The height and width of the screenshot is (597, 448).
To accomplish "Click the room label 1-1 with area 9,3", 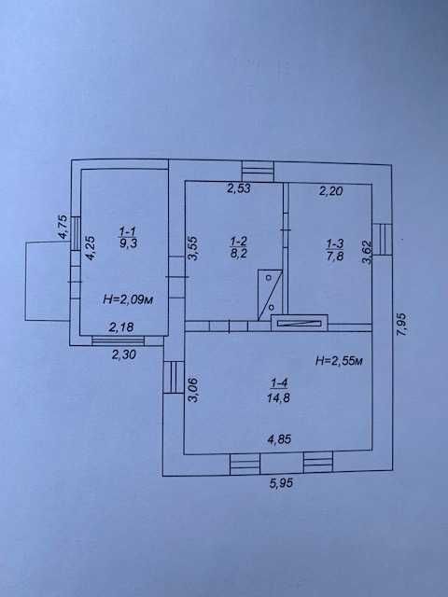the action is click(129, 237).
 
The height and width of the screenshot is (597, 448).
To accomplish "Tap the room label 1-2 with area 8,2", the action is click(239, 247).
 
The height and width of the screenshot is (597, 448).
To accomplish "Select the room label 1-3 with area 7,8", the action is click(335, 250).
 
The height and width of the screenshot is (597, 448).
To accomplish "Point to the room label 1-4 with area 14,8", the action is click(279, 391).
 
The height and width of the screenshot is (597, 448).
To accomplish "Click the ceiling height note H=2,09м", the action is click(129, 299).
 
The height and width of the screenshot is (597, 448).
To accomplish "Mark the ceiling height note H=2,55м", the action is click(339, 360).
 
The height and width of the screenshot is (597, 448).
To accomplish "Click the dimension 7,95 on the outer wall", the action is click(402, 324).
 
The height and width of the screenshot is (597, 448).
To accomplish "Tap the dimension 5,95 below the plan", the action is click(281, 483).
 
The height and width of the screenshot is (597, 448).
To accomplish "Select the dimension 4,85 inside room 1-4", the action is click(279, 439).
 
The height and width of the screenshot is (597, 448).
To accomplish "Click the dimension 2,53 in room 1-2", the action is click(239, 188).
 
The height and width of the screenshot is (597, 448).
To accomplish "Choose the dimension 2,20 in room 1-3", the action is click(330, 190).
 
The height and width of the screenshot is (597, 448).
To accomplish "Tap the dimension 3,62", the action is click(367, 252).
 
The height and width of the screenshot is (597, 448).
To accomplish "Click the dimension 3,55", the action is click(193, 249).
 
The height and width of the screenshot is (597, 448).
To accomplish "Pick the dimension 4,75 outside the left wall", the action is click(63, 227).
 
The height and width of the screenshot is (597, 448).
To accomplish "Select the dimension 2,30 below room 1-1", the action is click(124, 354).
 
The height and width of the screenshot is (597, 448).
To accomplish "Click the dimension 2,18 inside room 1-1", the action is click(121, 327).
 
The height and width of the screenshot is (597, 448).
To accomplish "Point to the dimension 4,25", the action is click(91, 248).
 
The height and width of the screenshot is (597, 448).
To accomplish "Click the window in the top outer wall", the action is click(259, 171).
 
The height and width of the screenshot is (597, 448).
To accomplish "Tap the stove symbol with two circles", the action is click(270, 295).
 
